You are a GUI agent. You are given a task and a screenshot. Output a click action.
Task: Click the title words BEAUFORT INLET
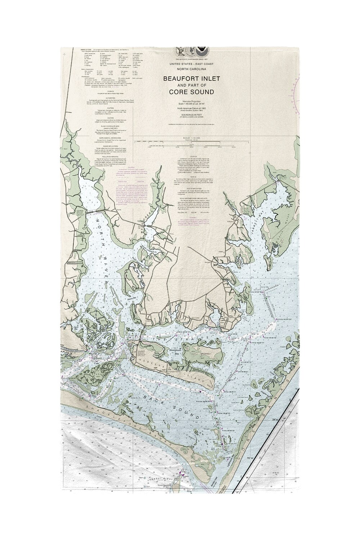click(189, 78)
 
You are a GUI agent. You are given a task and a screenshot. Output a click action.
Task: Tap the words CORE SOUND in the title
click(192, 92)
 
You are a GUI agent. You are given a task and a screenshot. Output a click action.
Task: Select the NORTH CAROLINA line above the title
click(189, 68)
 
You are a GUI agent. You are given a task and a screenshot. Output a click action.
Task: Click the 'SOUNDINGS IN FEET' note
click(189, 114)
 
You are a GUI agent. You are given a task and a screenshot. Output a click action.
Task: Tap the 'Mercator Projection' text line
click(189, 103)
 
